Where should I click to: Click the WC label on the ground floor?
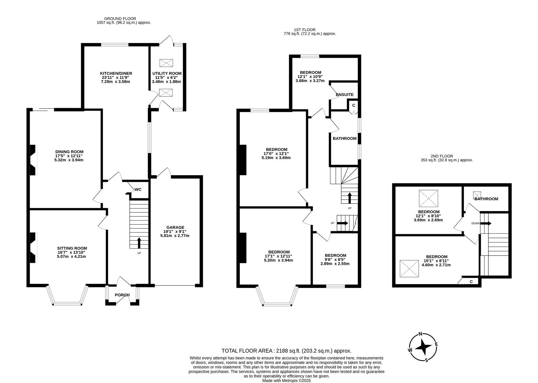[x=138, y=189]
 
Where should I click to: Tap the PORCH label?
[x=122, y=295]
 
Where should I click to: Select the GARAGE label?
[x=175, y=227]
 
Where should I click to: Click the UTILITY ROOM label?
[x=167, y=73]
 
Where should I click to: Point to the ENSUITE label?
[x=344, y=95]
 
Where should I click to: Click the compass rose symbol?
[x=423, y=347]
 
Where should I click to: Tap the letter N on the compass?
[x=421, y=334]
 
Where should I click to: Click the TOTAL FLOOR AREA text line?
[x=286, y=350]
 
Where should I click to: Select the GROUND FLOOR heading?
[x=120, y=18]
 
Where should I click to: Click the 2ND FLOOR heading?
[x=442, y=156]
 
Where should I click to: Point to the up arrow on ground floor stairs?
[x=138, y=243]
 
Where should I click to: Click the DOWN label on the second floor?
[x=476, y=223]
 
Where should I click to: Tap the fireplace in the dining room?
[x=33, y=160]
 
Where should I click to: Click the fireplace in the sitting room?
[x=33, y=248]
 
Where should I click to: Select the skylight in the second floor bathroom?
[x=477, y=195]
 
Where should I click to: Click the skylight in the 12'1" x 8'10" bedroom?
[x=428, y=199]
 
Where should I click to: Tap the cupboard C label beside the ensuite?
[x=353, y=105]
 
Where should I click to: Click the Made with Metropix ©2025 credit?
[x=286, y=381]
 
